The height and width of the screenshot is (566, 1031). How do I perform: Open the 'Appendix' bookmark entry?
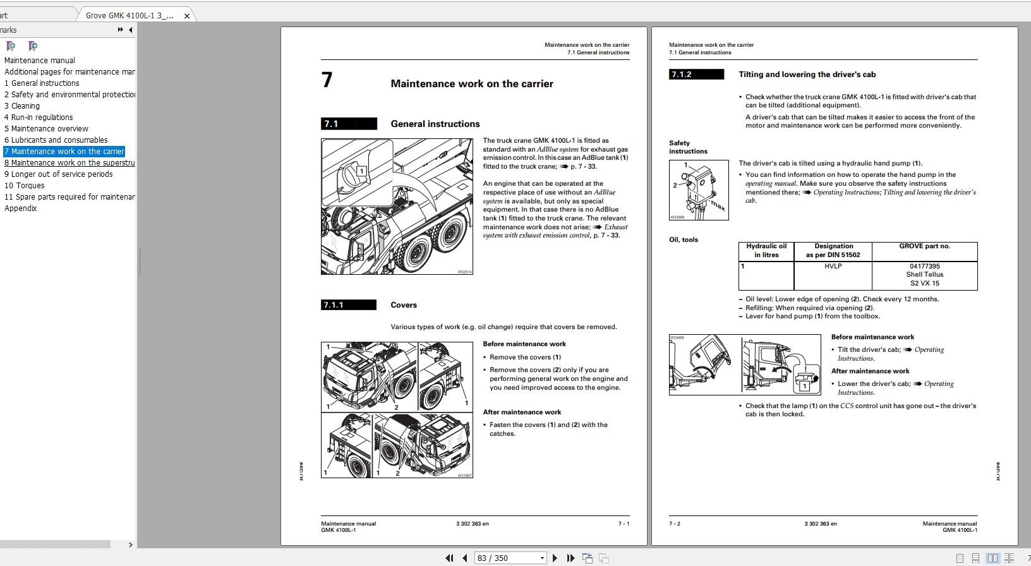tap(21, 208)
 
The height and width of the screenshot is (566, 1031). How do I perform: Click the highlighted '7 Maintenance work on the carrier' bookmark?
tap(64, 152)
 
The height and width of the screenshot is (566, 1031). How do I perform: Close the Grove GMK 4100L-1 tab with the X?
tap(187, 16)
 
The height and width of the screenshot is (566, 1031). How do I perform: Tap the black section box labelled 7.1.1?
tap(349, 305)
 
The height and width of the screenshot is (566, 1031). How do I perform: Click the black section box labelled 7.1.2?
tap(696, 75)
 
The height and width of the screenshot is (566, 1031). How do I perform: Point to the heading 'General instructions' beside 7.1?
tap(435, 124)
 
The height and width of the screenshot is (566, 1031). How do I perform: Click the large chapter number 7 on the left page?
tap(327, 80)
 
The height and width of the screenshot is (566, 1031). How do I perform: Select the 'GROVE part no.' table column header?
tap(924, 246)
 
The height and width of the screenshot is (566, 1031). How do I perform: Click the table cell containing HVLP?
tap(833, 267)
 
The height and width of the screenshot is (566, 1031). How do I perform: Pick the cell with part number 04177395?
tap(924, 267)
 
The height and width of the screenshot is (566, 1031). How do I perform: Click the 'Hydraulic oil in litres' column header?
tap(766, 251)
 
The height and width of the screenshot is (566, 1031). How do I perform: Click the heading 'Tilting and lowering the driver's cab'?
tap(807, 75)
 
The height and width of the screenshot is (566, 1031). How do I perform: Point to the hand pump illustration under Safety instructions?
tap(699, 190)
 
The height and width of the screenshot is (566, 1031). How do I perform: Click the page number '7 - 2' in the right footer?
tap(675, 524)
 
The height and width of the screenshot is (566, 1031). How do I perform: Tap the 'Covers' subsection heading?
tap(403, 305)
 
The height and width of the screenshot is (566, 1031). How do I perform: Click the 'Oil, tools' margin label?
tap(684, 240)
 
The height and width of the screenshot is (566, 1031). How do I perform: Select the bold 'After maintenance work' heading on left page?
tap(522, 412)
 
